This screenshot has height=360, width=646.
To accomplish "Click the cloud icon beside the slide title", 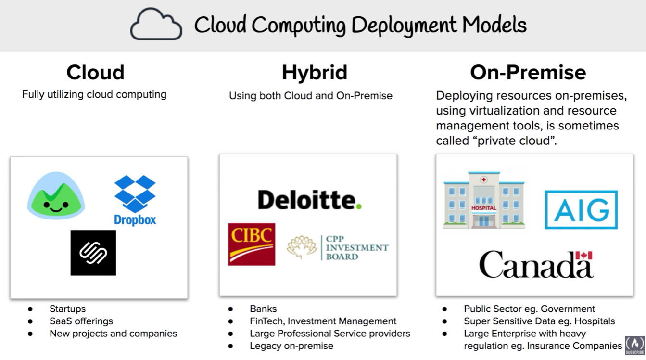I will pos(156,25).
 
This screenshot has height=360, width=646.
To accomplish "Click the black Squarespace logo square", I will pos(93,253).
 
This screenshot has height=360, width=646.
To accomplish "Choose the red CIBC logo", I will pos(252,244).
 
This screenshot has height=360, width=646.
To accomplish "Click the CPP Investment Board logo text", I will pos(356,248).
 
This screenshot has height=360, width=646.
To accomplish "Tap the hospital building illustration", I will pos(484,201).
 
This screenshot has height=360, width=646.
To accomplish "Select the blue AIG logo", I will pos(581,210).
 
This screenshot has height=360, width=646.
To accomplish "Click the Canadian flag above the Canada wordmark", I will pos(583,256).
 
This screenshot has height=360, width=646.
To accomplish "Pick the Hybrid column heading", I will pos(314,73).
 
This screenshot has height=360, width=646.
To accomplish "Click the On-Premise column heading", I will pos(528,73).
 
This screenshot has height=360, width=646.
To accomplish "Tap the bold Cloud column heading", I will pos(95,73).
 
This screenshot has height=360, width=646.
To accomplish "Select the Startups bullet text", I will pos(67,309).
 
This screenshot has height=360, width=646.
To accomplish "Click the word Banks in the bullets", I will pos(263,309).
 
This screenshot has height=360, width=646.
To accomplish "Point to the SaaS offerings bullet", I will pos(81,321).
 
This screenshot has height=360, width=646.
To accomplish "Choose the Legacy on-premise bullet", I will pos(291,346).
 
